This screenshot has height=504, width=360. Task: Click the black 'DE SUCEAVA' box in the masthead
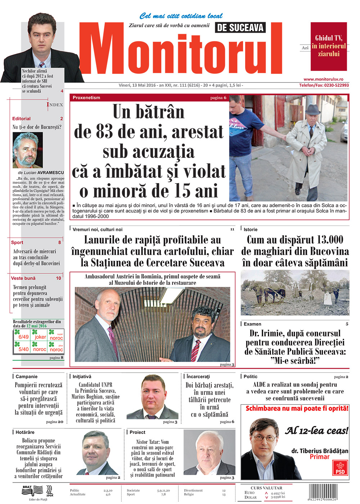pyautogui.click(x=240, y=27)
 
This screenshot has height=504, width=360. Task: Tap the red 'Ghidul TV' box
pyautogui.click(x=329, y=46)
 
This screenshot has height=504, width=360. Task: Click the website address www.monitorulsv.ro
pyautogui.click(x=323, y=79)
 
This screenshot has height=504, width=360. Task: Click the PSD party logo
pyautogui.click(x=340, y=468)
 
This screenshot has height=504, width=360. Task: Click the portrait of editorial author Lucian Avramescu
pyautogui.click(x=27, y=150)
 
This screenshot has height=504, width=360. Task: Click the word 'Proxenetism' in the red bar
pyautogui.click(x=86, y=97)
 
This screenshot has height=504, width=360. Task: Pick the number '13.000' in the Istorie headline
pyautogui.click(x=324, y=240)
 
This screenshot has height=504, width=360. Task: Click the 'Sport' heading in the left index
pyautogui.click(x=17, y=242)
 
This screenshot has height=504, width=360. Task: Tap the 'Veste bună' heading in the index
pyautogui.click(x=23, y=278)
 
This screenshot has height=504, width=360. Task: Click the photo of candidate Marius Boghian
pyautogui.click(x=152, y=397)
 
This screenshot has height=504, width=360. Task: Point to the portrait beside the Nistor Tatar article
pyautogui.click(x=209, y=453)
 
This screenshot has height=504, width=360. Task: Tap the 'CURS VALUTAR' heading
pyautogui.click(x=266, y=488)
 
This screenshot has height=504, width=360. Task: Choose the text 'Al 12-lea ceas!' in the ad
pyautogui.click(x=317, y=431)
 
